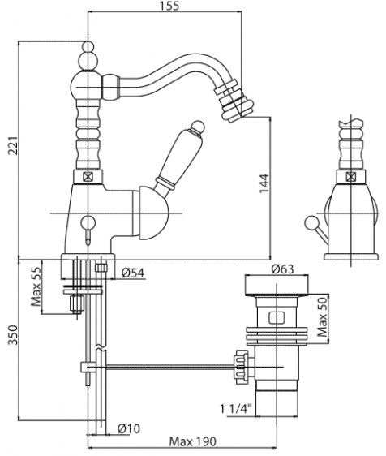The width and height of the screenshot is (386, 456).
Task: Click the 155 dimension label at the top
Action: pyautogui.click(x=169, y=6)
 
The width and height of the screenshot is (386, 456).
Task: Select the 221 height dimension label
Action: pyautogui.click(x=13, y=145)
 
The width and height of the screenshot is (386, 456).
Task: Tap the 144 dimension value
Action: pyautogui.click(x=264, y=183)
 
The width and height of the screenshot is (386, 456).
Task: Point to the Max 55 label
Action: pyautogui.click(x=36, y=286)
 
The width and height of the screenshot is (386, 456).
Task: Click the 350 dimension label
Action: pyautogui.click(x=13, y=335)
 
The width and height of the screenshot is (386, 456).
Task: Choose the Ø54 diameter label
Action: pyautogui.click(x=133, y=273)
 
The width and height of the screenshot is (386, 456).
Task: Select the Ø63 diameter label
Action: pyautogui.click(x=282, y=269)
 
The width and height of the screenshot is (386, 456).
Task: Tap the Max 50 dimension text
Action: pyautogui.click(x=323, y=317)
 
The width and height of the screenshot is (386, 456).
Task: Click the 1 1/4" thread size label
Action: pyautogui.click(x=235, y=409)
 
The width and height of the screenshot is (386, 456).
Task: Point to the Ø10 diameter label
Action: pyautogui.click(x=129, y=428)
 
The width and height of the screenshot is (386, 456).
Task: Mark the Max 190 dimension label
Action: pyautogui.click(x=193, y=441)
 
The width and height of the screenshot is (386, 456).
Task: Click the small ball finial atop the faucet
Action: pyautogui.click(x=88, y=47)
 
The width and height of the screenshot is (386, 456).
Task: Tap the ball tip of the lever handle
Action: pyautogui.click(x=199, y=127)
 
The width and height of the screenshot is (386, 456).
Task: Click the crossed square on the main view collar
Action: pyautogui.click(x=88, y=177)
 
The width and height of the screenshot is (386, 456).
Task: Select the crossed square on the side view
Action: pyautogui.click(x=350, y=177)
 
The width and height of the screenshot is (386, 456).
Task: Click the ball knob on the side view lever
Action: pyautogui.click(x=311, y=223)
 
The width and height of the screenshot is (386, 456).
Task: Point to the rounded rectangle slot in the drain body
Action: pyautogui.click(x=277, y=317)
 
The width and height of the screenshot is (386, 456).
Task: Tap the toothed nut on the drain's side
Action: pyautogui.click(x=242, y=367)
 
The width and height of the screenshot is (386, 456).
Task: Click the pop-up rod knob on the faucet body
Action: pyautogui.click(x=88, y=223)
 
